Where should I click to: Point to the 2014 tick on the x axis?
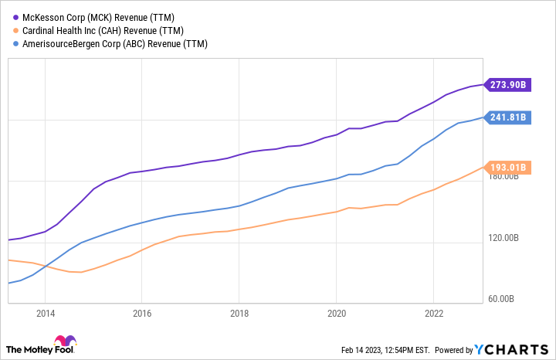(45, 314)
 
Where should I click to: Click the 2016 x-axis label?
(142, 314)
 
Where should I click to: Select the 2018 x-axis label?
(239, 314)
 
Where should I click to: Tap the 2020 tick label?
(336, 314)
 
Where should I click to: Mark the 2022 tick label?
(433, 314)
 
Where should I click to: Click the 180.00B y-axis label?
(509, 177)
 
